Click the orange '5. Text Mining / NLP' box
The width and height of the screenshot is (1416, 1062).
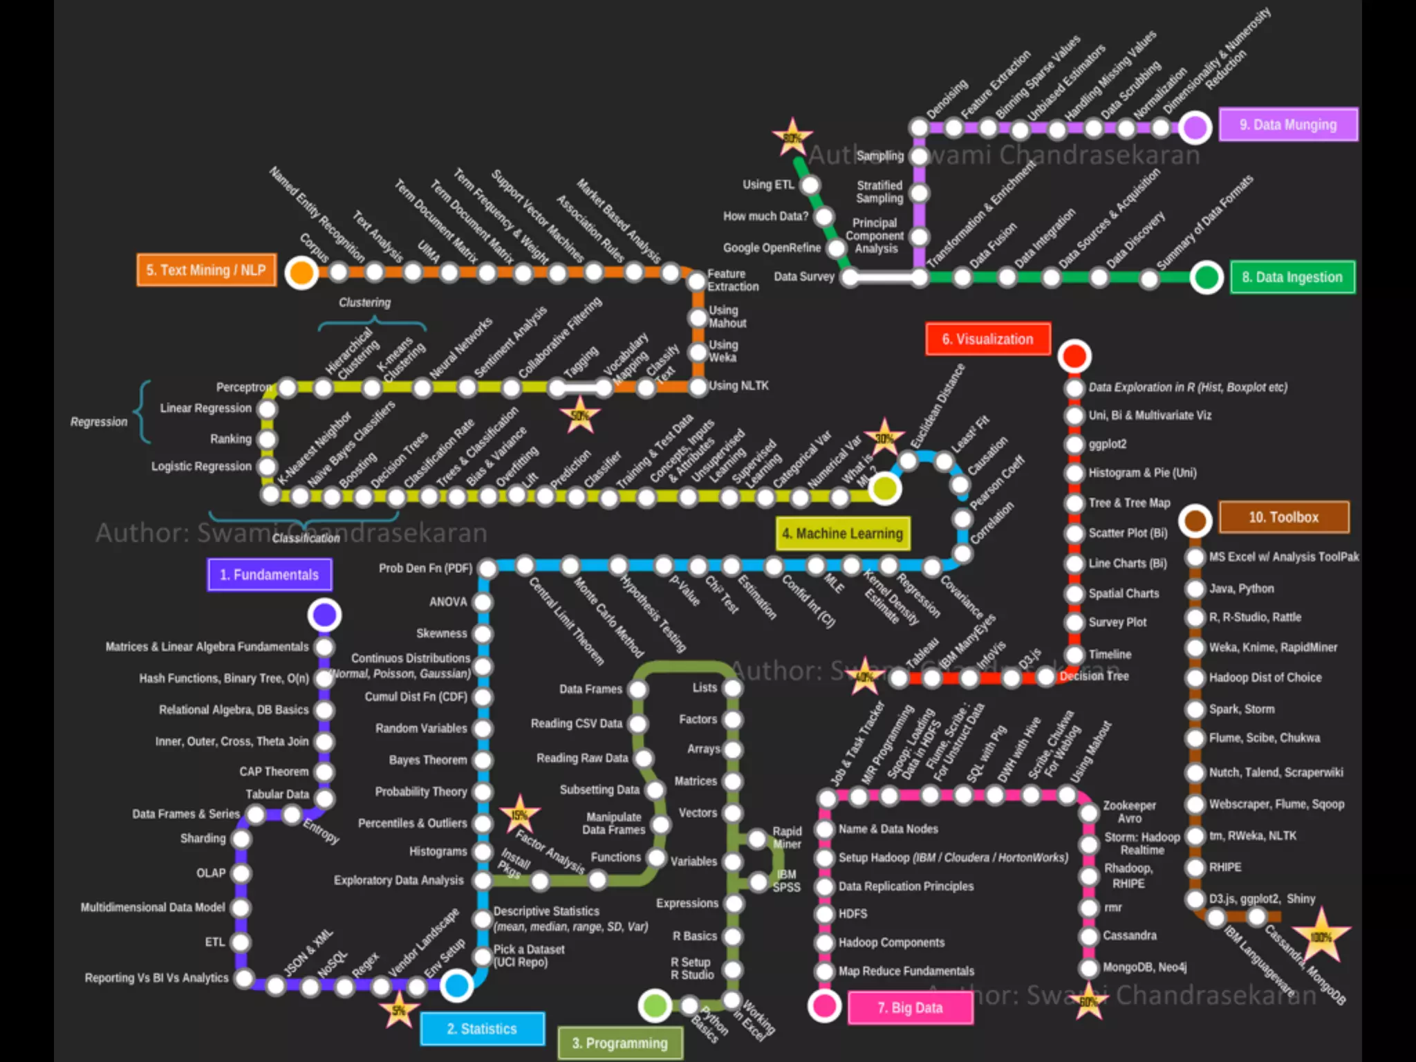(206, 270)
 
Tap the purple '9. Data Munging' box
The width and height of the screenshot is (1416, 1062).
(1287, 125)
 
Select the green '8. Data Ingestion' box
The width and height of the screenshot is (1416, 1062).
(1292, 277)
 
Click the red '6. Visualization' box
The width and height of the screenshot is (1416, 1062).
(987, 339)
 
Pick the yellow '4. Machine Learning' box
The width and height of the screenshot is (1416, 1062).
(842, 534)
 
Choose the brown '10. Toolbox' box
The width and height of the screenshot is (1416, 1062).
(1283, 517)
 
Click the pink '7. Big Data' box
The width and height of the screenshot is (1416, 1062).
(910, 1007)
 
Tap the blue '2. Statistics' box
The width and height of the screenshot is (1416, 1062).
(482, 1029)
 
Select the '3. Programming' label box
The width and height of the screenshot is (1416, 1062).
(619, 1043)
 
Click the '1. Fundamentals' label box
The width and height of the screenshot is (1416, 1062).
(269, 575)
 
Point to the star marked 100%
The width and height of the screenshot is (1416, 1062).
(1321, 937)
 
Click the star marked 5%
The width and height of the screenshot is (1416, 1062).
(399, 1011)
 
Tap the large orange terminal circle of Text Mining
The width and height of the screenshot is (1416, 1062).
(301, 272)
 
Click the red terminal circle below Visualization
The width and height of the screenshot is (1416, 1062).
(1074, 356)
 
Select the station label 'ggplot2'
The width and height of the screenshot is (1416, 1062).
(1108, 444)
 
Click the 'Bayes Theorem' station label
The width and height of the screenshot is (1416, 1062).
(428, 760)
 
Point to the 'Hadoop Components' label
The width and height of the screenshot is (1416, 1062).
(891, 942)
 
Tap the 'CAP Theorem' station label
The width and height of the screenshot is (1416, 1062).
(274, 772)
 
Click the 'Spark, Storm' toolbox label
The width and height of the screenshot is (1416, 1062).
(1242, 709)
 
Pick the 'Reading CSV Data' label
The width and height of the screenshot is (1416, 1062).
(577, 723)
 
